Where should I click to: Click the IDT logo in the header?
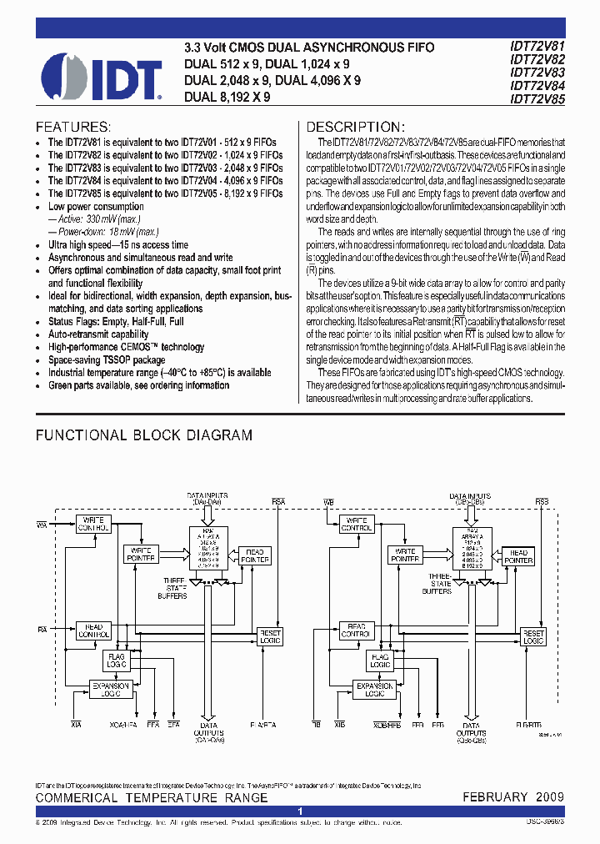[101, 76]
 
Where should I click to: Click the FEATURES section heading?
[73, 128]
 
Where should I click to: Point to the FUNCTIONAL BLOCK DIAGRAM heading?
[143, 435]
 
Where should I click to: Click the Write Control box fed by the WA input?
[93, 524]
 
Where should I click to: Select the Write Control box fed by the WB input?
[357, 524]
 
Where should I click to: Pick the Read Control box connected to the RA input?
[93, 631]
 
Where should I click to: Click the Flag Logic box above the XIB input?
[380, 661]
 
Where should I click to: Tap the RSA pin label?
[278, 502]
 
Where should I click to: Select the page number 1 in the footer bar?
[300, 811]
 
